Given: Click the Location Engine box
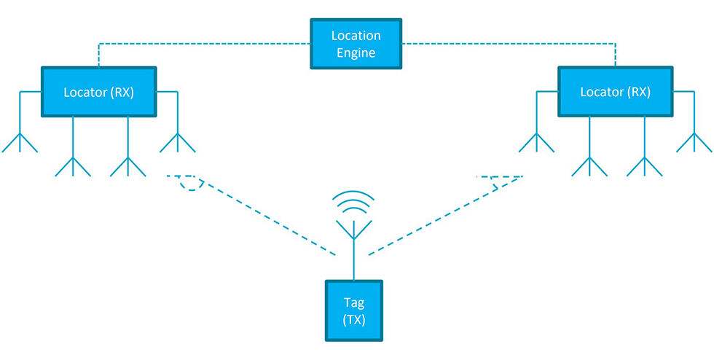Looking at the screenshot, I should pyautogui.click(x=356, y=44).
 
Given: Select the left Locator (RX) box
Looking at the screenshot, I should pyautogui.click(x=98, y=92).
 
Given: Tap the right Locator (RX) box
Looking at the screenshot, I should pyautogui.click(x=615, y=92).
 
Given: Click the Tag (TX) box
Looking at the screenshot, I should pyautogui.click(x=354, y=311).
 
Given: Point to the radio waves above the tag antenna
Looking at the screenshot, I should pyautogui.click(x=354, y=202).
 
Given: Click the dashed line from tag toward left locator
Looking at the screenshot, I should pyautogui.click(x=262, y=215).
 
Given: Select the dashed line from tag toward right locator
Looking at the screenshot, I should pyautogui.click(x=444, y=215).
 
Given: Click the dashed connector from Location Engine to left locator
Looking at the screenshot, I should pyautogui.click(x=204, y=44).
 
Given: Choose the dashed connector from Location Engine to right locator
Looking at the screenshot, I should pyautogui.click(x=510, y=44).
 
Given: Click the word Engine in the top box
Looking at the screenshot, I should pyautogui.click(x=356, y=52).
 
